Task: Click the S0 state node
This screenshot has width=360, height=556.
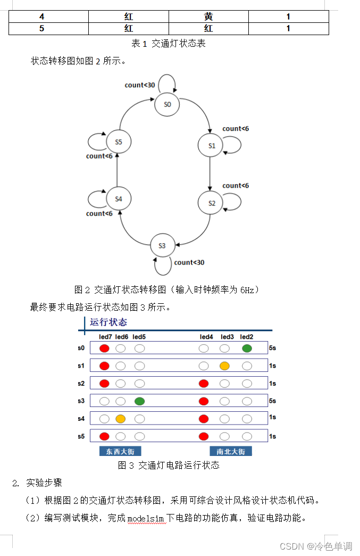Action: (168, 104)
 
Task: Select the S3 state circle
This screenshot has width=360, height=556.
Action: (162, 245)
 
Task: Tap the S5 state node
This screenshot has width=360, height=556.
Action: (118, 142)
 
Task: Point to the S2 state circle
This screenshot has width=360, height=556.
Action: (211, 203)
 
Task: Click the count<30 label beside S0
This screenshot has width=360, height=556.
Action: (140, 85)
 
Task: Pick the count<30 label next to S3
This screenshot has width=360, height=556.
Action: (189, 262)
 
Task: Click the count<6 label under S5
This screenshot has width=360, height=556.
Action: (99, 156)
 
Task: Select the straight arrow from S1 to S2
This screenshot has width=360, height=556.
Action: (210, 174)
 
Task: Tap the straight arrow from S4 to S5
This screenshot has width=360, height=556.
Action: (117, 170)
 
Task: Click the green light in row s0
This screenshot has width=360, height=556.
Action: (246, 348)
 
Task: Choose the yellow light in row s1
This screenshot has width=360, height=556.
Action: (225, 366)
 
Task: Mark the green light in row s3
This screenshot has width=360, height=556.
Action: (139, 401)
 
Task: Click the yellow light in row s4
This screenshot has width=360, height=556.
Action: (121, 419)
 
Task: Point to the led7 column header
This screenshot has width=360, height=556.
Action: (105, 337)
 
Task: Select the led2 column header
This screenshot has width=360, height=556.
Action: (246, 337)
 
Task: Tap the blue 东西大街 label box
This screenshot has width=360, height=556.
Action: (120, 451)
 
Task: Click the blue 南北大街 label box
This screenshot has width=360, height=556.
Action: (231, 451)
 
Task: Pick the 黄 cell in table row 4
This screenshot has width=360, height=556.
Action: (208, 17)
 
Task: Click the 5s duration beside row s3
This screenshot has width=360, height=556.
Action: (272, 401)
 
